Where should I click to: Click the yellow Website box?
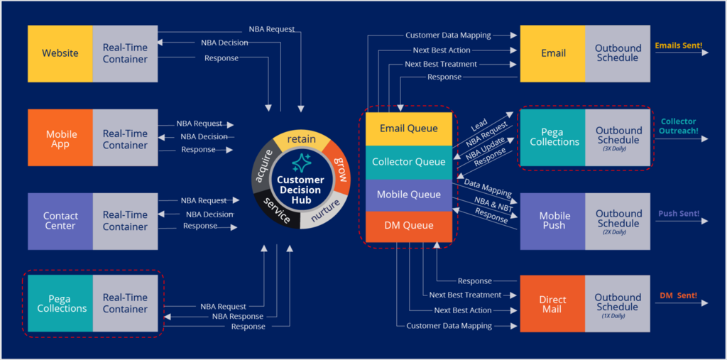tap(60, 53)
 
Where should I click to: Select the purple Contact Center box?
tap(60, 221)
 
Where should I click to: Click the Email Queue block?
tap(408, 129)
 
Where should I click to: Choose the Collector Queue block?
tap(408, 162)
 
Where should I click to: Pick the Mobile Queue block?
tap(408, 195)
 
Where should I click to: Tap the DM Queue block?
tap(408, 226)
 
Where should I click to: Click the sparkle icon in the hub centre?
tap(301, 163)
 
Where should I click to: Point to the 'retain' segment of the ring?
tap(301, 139)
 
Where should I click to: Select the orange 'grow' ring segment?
tap(339, 167)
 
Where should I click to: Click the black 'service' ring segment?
tap(276, 211)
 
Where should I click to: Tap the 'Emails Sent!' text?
tap(678, 45)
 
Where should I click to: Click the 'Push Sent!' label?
tap(678, 214)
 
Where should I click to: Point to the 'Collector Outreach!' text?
tap(679, 126)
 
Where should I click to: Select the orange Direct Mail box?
tap(552, 304)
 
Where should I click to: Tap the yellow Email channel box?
tap(553, 53)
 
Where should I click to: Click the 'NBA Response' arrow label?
tap(237, 317)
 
